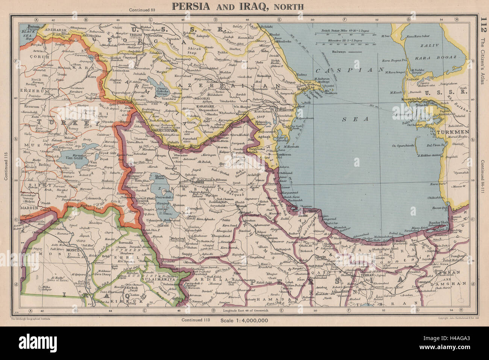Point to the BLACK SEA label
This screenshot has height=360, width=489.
pyautogui.click(x=27, y=32)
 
